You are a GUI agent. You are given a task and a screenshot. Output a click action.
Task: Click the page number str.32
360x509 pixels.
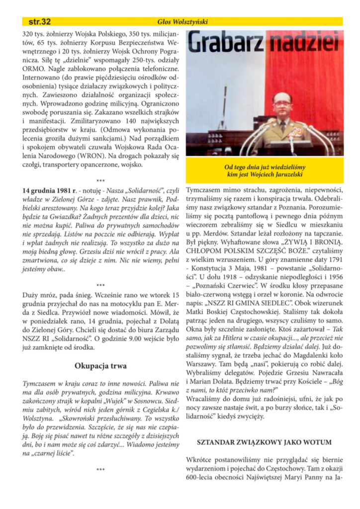click(39, 21)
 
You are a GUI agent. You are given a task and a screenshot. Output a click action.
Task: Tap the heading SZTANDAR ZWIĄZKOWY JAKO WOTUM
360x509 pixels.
click(265, 441)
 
